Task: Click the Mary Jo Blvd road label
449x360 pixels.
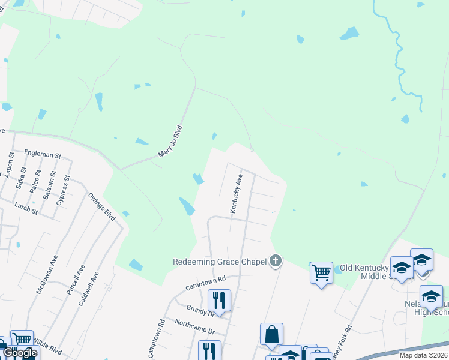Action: (x=170, y=142)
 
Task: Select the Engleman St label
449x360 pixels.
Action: (x=43, y=154)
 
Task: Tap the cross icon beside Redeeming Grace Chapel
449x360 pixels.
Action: (x=276, y=261)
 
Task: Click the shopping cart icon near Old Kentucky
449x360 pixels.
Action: (x=321, y=273)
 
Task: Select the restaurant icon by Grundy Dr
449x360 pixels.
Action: (x=219, y=300)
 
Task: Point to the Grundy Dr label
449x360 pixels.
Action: (x=200, y=312)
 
